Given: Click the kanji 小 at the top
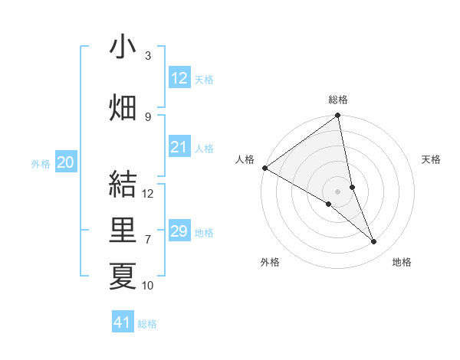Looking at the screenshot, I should tap(123, 47).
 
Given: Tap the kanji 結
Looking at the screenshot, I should tap(123, 185).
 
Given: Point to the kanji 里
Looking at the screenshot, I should tap(123, 231).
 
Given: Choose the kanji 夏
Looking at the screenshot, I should tap(123, 276).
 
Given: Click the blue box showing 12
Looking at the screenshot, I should tap(179, 78).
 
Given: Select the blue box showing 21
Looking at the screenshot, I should tap(179, 148).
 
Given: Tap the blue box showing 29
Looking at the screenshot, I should tap(179, 232).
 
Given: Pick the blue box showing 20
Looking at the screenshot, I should tap(66, 162).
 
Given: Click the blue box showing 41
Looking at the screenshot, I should tap(123, 322).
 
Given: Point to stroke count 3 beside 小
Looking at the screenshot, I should tap(148, 56).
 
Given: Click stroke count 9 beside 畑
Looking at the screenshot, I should tap(148, 116).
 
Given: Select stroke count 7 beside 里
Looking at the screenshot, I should tap(148, 239).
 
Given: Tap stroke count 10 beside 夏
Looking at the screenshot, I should tap(148, 286).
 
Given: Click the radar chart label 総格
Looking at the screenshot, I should tap(338, 100).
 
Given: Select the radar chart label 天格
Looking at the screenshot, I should tap(432, 159).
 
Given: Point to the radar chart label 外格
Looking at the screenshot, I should tap(270, 262).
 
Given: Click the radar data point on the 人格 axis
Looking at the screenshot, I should tap(264, 168).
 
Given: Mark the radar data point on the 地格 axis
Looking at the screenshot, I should tap(374, 242).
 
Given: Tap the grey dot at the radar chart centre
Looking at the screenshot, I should tap(337, 191).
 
